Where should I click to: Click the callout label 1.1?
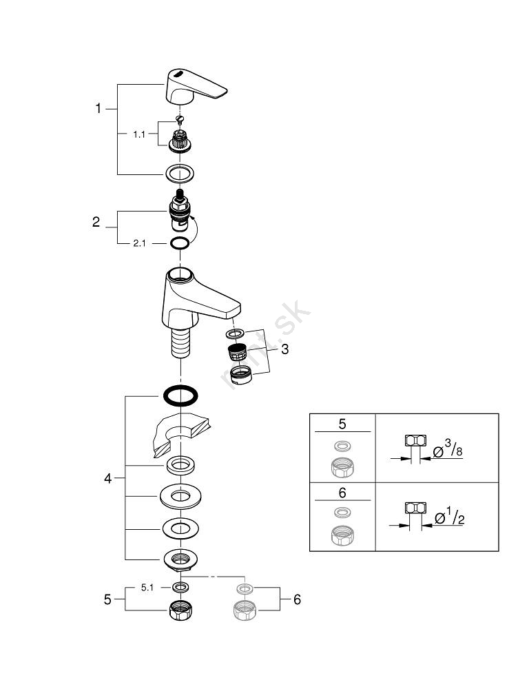[139, 135]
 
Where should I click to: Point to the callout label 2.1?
[140, 243]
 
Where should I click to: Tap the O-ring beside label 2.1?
[180, 243]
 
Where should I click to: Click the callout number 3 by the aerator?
[284, 349]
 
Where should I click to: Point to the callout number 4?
[107, 478]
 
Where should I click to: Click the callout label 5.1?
[147, 587]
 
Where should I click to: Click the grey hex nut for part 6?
[245, 610]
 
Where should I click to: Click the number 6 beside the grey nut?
[297, 599]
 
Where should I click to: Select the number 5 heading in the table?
[342, 422]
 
